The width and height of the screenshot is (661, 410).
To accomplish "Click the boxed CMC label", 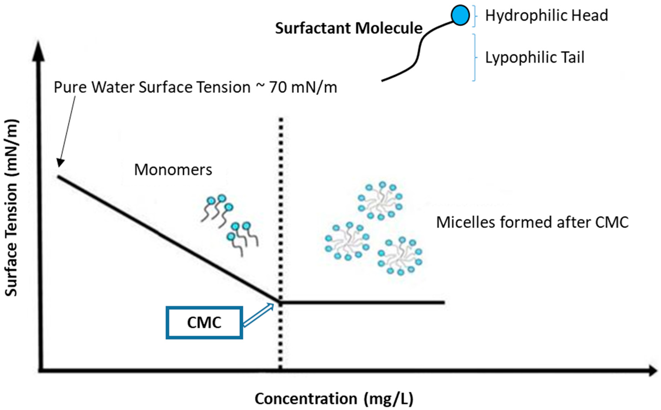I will click(x=204, y=323).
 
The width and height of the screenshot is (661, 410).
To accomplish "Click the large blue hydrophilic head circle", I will click(x=460, y=16).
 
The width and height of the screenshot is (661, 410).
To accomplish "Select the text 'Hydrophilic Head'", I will click(x=546, y=15).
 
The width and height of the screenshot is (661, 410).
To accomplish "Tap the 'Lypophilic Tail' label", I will click(x=534, y=58).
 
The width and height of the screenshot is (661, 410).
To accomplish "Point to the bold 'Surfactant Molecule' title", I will click(x=349, y=28).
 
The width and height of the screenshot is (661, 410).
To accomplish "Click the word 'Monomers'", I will click(x=173, y=170).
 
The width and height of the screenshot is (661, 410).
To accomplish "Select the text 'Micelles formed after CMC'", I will click(x=532, y=222).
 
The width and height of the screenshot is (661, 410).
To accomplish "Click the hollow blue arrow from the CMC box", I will click(x=258, y=315).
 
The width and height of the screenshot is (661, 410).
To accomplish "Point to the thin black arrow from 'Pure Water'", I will click(x=67, y=133).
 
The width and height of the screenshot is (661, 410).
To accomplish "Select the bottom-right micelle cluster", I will click(x=400, y=256).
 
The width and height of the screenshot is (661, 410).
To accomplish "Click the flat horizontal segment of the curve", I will click(x=363, y=302).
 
